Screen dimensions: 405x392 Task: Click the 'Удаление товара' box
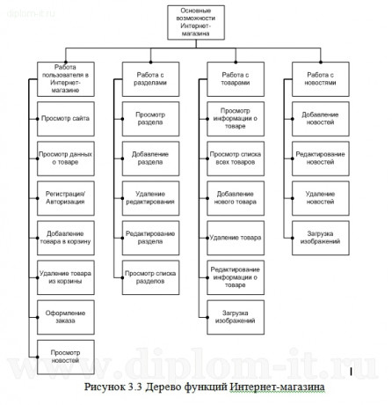coord(235,238)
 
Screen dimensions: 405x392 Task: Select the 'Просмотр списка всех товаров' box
coord(235,158)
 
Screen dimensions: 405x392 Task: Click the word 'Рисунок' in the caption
coord(108,387)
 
